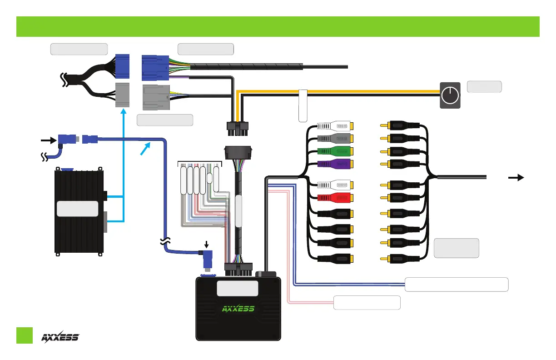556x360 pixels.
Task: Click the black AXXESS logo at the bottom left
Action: click(x=60, y=337)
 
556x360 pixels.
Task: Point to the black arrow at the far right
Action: click(x=515, y=178)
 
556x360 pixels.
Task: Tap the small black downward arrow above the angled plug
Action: click(x=206, y=245)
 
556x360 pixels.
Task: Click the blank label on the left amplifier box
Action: click(x=78, y=208)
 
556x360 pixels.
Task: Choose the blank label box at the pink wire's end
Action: click(x=367, y=302)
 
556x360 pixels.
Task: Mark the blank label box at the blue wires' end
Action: click(x=456, y=284)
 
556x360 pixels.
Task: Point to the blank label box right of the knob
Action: click(x=484, y=86)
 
